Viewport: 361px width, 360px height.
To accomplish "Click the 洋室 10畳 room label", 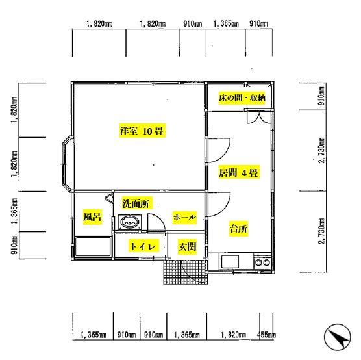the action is tap(142, 131).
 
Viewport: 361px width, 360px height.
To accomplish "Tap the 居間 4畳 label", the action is tap(239, 172).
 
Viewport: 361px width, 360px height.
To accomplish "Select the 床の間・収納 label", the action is tap(242, 98).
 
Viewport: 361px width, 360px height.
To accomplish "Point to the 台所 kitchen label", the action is tap(238, 229).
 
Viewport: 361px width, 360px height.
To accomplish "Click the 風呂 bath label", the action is tap(92, 216).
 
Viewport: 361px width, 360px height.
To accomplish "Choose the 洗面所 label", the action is tap(136, 203).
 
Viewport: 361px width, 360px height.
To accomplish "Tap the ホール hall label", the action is tap(184, 217).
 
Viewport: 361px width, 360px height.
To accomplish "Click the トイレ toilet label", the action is tap(143, 246).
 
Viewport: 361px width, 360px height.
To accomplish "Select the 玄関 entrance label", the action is tap(187, 247).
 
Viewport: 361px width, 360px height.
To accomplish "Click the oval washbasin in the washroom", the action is tap(130, 222).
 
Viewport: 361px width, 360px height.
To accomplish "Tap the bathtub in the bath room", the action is tap(93, 247).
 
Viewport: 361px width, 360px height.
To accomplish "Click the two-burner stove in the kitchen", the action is tap(263, 262).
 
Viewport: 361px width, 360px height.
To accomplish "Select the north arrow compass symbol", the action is tap(338, 337).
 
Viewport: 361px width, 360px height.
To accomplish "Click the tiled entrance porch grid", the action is tap(186, 272).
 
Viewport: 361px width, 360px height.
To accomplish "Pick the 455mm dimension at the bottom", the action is tap(266, 335).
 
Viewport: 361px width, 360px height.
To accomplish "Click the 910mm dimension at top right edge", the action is tap(259, 24).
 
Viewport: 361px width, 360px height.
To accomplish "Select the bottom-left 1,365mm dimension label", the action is tap(93, 335).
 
